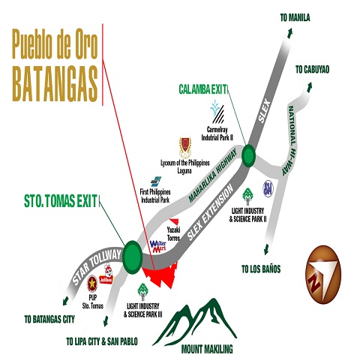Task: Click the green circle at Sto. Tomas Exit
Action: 134,256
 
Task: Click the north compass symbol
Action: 324,275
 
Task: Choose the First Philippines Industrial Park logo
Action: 155,181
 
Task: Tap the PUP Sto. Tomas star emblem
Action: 92,282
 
